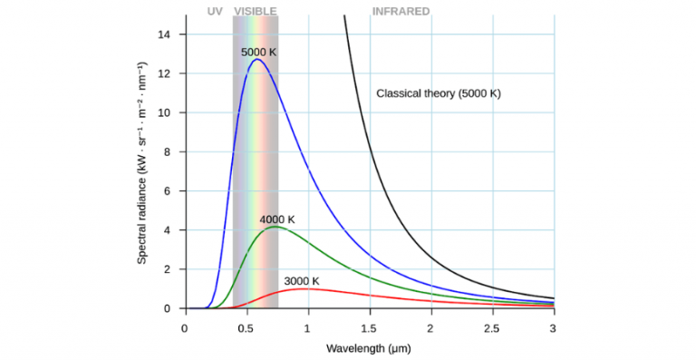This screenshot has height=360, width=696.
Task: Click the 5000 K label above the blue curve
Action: [x=258, y=53]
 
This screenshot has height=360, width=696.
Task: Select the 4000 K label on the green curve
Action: [x=277, y=219]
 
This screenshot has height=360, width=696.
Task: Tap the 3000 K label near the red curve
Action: [x=302, y=281]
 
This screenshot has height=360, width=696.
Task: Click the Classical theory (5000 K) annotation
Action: [x=439, y=93]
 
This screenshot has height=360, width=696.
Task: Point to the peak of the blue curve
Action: [x=256, y=60]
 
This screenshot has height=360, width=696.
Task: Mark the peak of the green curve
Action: [x=275, y=227]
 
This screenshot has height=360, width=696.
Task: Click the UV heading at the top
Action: [x=215, y=12]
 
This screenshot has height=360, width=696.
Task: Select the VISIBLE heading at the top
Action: [x=256, y=12]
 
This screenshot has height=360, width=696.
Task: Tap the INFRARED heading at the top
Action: [x=401, y=12]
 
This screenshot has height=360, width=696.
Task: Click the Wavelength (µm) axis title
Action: [x=369, y=347]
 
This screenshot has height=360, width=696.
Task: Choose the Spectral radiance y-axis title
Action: [x=142, y=163]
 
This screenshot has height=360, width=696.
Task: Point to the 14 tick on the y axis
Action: [x=167, y=34]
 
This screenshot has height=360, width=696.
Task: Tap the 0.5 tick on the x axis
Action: [x=246, y=326]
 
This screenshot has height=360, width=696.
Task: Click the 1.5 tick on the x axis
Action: [x=369, y=326]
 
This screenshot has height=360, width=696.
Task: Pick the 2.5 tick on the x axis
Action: [x=492, y=326]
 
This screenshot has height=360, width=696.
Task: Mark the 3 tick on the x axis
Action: [x=554, y=326]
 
